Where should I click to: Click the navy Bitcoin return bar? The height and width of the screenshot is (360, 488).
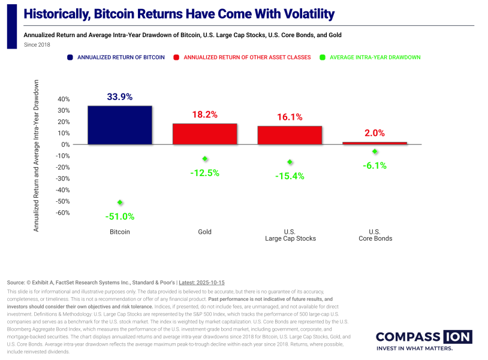[120, 125]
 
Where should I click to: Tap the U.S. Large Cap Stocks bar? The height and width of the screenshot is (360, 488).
[290, 135]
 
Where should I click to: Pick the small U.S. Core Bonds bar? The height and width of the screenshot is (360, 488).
[375, 143]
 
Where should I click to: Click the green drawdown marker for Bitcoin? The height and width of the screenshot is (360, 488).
[120, 202]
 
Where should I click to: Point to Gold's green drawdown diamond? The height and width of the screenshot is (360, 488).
[205, 159]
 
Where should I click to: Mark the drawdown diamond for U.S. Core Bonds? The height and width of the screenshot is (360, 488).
[375, 152]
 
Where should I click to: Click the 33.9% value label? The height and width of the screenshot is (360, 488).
[120, 96]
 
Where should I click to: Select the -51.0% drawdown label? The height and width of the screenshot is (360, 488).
[120, 216]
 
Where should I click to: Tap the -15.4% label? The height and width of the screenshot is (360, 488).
[290, 176]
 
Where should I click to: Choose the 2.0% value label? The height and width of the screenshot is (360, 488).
[375, 133]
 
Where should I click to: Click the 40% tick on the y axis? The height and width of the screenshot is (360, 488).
[64, 99]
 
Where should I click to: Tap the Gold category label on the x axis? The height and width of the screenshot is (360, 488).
[205, 232]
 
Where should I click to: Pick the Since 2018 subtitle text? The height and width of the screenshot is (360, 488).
[37, 44]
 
